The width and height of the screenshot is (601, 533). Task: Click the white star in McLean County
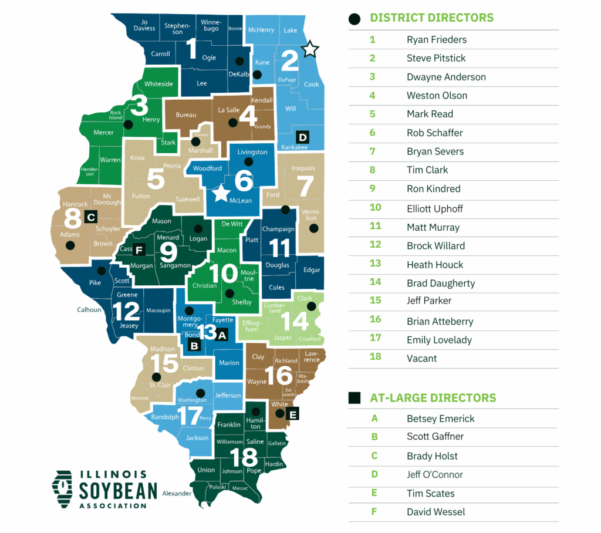point(221,193)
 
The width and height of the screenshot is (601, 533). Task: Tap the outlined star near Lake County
point(309,49)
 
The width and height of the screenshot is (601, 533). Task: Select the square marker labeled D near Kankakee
point(303,137)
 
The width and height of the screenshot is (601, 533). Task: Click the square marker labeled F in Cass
point(139,249)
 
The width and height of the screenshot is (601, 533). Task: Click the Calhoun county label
point(89,310)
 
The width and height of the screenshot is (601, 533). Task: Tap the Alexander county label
point(177,494)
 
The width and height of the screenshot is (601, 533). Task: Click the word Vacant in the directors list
point(421,358)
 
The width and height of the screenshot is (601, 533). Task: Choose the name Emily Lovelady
point(439,340)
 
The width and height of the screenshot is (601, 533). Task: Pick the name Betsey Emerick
point(440,419)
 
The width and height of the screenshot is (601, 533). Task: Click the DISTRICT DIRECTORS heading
point(431,18)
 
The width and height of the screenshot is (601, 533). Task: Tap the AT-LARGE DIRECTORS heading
point(433,397)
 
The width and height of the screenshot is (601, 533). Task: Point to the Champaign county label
point(278,229)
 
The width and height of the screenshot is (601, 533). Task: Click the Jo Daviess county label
point(144,25)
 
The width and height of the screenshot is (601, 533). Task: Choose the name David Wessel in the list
point(435,512)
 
